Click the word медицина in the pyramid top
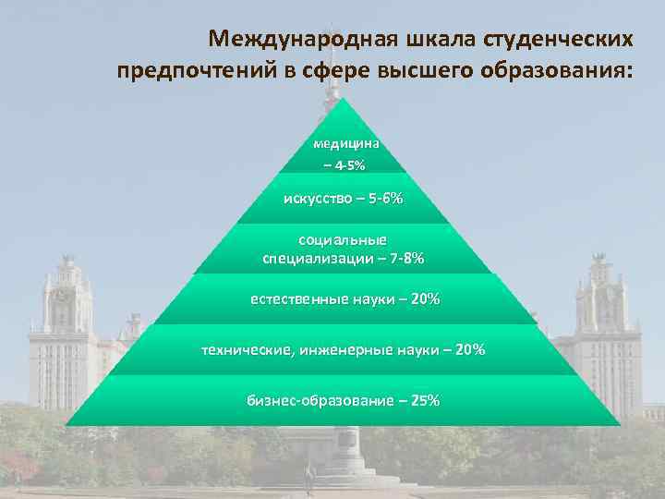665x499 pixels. click(x=345, y=144)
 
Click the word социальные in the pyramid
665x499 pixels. click(x=344, y=241)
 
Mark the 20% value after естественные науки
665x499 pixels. click(x=427, y=299)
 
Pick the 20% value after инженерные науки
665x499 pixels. click(x=470, y=350)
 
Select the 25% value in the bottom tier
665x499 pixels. click(x=426, y=401)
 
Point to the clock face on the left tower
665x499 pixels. click(x=61, y=297)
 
